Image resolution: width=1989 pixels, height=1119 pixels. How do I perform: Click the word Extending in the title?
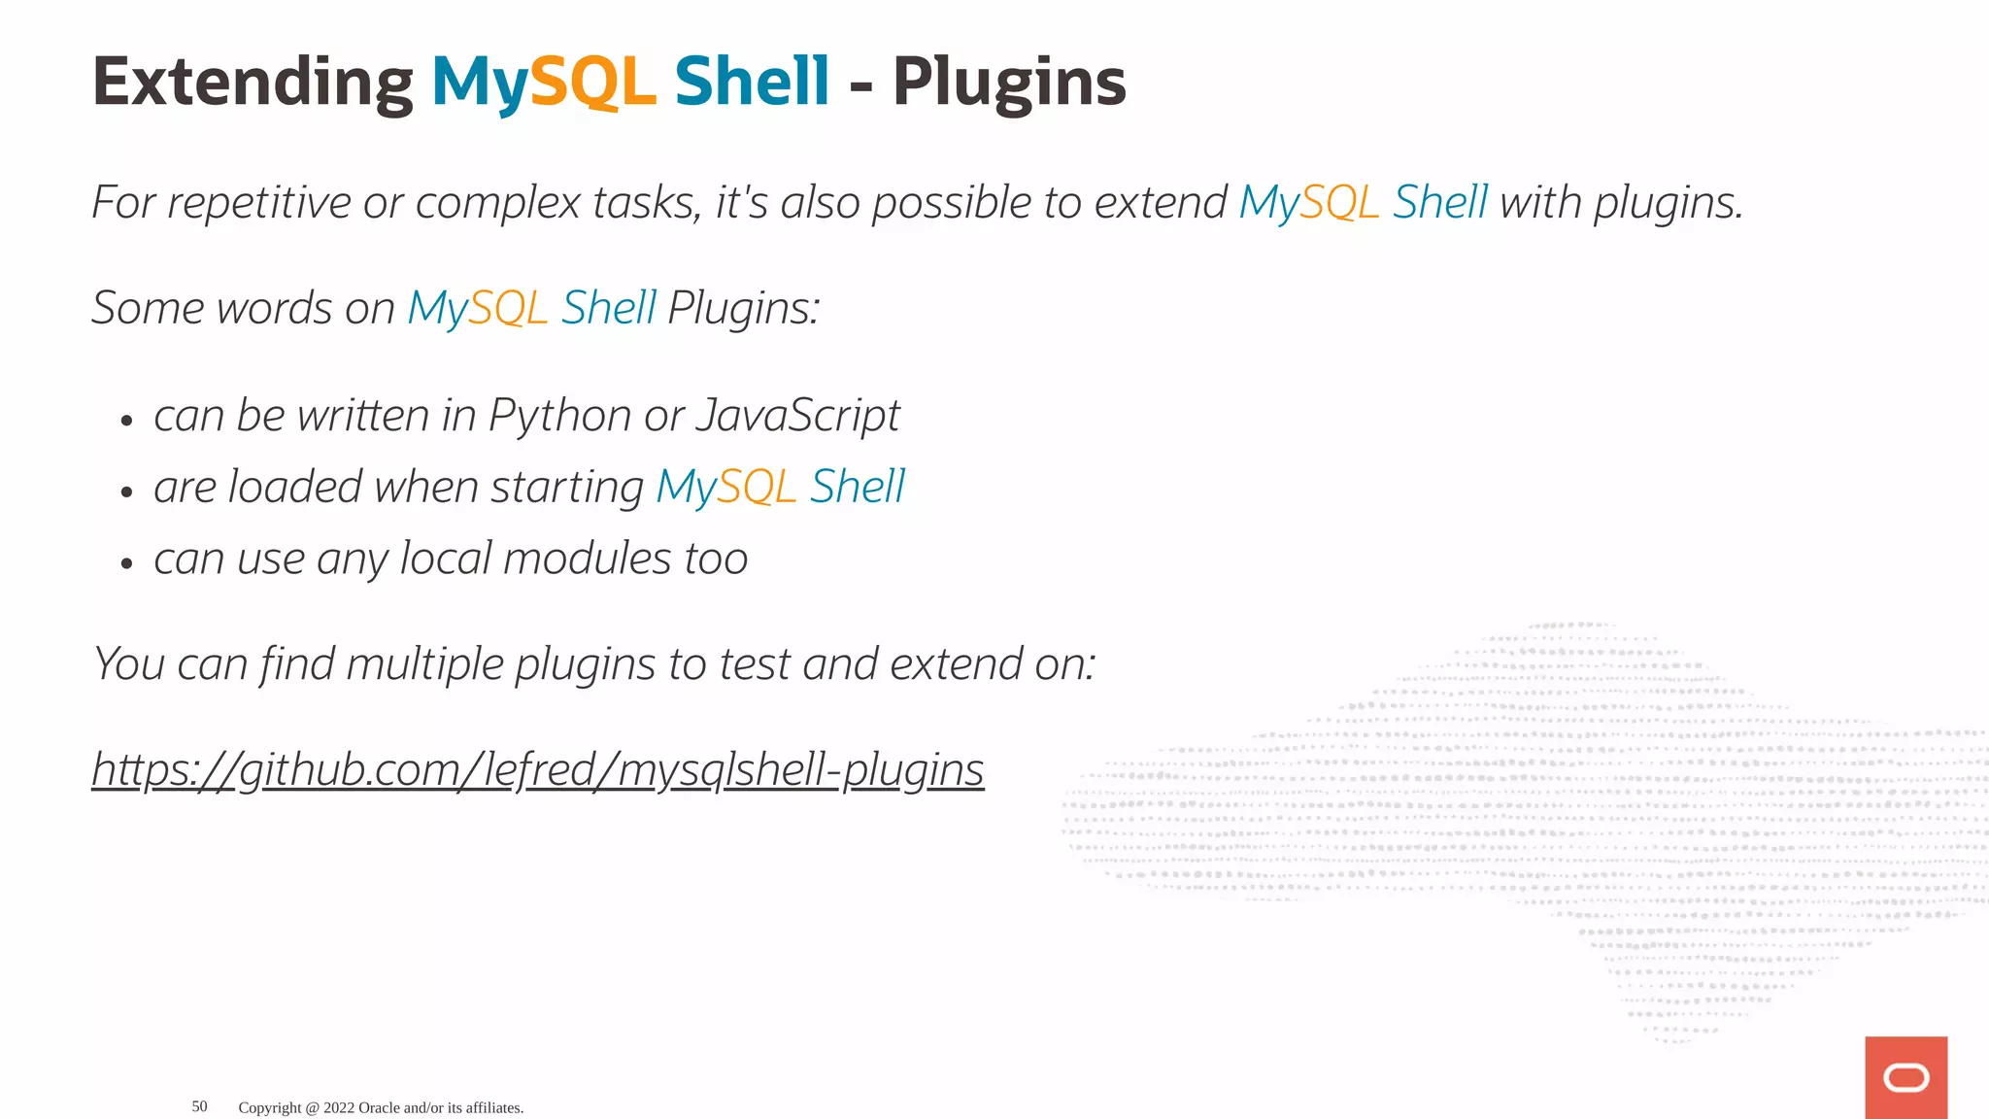coord(253,83)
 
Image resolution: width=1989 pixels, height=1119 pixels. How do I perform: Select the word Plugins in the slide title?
coord(1009,83)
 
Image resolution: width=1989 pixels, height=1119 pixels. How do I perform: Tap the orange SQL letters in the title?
coord(593,83)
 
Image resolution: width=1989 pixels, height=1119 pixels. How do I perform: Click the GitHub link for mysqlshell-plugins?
coord(538,770)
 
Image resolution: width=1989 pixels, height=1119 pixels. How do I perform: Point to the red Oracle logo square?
coord(1905,1077)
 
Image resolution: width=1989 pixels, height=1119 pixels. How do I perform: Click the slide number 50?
coord(199,1106)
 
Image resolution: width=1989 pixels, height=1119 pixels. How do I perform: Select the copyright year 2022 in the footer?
coord(339,1107)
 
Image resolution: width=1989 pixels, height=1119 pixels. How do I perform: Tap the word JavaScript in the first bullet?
coord(798,417)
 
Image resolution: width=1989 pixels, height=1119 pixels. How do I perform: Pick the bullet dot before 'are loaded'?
coord(126,492)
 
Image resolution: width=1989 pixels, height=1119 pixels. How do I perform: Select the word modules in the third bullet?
coord(587,559)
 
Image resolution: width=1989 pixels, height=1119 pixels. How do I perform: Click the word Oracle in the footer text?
coord(379,1107)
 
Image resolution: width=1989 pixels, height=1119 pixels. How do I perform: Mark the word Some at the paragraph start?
coord(147,309)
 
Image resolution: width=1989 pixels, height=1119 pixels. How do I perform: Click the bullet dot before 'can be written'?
coord(126,422)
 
